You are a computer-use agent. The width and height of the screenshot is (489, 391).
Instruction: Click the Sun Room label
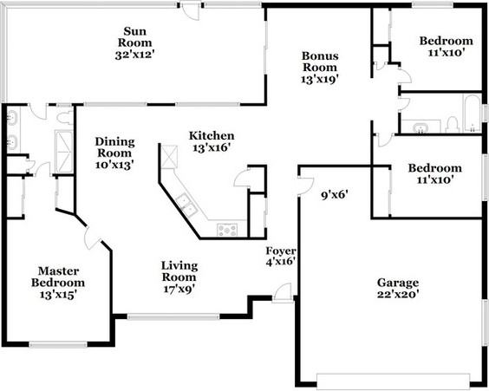(134, 36)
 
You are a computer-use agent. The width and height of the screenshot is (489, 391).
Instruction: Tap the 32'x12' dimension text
(134, 55)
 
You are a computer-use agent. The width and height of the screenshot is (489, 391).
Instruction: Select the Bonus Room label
(320, 62)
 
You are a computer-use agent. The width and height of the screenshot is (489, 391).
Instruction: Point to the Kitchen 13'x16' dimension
(212, 147)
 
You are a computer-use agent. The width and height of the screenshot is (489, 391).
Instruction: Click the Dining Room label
(114, 147)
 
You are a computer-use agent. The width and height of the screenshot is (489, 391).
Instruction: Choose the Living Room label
(179, 271)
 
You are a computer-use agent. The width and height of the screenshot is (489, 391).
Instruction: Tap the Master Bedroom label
(58, 277)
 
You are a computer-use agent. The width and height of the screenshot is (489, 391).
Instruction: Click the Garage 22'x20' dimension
(398, 294)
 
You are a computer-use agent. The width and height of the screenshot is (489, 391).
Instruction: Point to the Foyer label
(281, 251)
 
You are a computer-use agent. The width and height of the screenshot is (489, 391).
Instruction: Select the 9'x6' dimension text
(335, 196)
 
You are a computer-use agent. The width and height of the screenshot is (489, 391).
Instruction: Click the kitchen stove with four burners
(227, 230)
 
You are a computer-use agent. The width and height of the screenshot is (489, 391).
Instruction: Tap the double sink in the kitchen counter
(186, 205)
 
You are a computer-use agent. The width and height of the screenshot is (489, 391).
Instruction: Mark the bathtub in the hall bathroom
(472, 114)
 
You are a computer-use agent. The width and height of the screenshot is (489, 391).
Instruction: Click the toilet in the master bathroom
(65, 116)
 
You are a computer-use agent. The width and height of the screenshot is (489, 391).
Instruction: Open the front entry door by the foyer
(283, 293)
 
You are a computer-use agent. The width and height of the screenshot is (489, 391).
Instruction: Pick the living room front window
(173, 316)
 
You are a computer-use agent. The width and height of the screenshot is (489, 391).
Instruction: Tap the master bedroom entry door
(92, 238)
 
